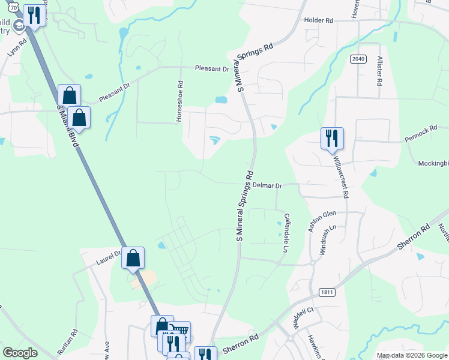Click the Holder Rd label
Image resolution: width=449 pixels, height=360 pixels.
click(318, 20)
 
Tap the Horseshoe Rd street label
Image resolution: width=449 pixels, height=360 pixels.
click(179, 101)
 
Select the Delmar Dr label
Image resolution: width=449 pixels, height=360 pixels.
click(267, 186)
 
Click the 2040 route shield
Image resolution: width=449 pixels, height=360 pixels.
click(357, 59)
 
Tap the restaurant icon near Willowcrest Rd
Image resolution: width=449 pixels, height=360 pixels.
click(331, 139)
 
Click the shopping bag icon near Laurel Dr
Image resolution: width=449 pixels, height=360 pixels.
click(133, 259)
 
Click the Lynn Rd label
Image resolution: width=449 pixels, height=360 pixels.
click(17, 49)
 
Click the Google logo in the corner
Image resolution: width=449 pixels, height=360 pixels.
click(20, 353)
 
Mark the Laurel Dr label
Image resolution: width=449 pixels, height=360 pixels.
click(109, 259)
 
